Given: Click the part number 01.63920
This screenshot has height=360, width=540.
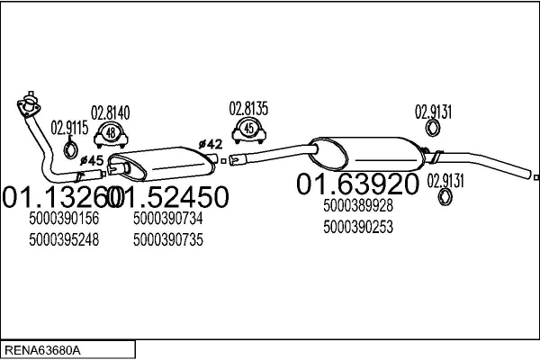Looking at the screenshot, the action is (x=357, y=184).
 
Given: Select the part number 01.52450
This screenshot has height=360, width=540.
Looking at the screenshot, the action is (x=167, y=197).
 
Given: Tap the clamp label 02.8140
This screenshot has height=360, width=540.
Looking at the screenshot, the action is (x=110, y=113).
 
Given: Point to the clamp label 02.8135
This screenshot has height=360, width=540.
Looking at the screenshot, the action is (x=248, y=109).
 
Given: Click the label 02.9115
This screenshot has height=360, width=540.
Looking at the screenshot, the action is (x=69, y=128).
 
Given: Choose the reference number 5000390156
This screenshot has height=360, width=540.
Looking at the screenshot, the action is (x=64, y=219).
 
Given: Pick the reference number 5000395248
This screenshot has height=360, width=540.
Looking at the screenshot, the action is (x=64, y=239).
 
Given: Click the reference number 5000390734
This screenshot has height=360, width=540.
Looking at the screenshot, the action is (x=168, y=219).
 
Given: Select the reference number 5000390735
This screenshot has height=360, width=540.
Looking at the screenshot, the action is (x=168, y=239).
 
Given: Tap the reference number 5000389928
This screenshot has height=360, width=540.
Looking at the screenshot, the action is (x=358, y=206).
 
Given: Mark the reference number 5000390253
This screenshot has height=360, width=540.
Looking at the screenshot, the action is (x=358, y=228).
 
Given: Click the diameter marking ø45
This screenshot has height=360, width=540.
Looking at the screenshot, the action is (x=92, y=160).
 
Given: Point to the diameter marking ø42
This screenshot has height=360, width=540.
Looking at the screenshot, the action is (x=211, y=144).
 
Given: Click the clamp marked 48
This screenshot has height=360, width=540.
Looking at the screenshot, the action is (x=111, y=135).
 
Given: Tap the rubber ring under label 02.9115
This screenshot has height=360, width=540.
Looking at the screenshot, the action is (x=70, y=148).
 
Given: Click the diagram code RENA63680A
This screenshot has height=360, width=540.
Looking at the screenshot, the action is (x=42, y=351).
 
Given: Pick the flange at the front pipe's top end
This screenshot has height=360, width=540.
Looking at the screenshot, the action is (x=29, y=104).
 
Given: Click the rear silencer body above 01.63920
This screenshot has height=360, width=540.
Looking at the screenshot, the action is (x=367, y=154).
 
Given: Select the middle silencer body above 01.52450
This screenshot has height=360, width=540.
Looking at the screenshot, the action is (x=162, y=164).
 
